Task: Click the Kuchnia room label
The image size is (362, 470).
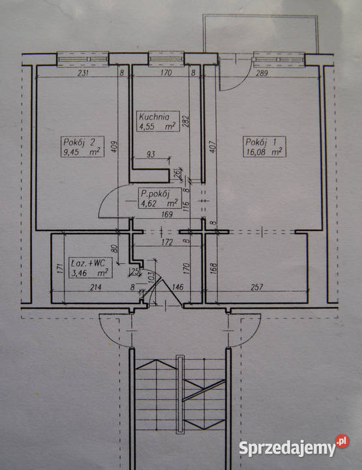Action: tap(158, 121)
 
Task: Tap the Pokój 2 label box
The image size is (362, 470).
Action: tap(82, 147)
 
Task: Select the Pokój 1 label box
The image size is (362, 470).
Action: tap(264, 147)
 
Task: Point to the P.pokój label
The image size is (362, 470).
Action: tap(160, 198)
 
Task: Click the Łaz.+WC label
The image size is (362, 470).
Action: tap(91, 268)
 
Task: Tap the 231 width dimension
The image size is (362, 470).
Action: tap(83, 73)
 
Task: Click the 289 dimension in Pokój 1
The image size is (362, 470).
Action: tap(262, 73)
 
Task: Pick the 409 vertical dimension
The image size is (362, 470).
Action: tap(113, 147)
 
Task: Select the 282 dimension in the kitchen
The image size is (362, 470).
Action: tap(186, 121)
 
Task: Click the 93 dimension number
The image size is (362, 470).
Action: tap(151, 154)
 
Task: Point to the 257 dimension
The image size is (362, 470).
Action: tap(257, 287)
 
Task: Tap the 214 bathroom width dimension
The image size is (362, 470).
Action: tap(96, 287)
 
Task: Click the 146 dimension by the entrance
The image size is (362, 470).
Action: tap(178, 287)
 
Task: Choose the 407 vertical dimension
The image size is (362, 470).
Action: tap(213, 147)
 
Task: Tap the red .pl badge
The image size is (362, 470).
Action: tap(342, 441)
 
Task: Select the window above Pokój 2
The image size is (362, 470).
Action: tap(83, 59)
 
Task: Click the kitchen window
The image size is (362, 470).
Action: tap(166, 59)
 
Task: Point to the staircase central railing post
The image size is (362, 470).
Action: tap(179, 394)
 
